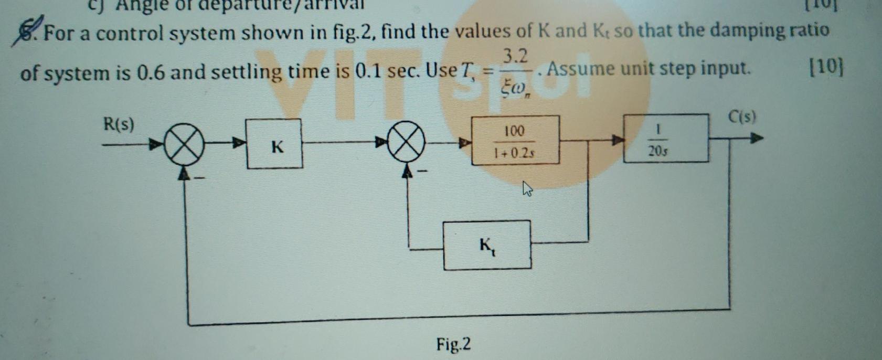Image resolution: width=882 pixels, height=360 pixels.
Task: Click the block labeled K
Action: (x=274, y=144)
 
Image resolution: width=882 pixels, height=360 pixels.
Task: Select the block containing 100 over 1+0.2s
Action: (x=515, y=140)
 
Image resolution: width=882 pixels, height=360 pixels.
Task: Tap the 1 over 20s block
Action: (x=665, y=139)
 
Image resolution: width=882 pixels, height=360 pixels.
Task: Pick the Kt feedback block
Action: (x=487, y=245)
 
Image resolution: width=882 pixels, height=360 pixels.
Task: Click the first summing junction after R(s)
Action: (x=184, y=145)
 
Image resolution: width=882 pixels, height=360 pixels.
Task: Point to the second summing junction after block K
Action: (x=406, y=142)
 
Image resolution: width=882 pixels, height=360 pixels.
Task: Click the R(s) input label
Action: (x=119, y=125)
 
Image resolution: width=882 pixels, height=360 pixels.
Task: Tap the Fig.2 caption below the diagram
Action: (x=453, y=344)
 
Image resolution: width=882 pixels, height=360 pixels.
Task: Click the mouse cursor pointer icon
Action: (x=527, y=188)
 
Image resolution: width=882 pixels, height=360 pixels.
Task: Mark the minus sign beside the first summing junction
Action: (x=199, y=178)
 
